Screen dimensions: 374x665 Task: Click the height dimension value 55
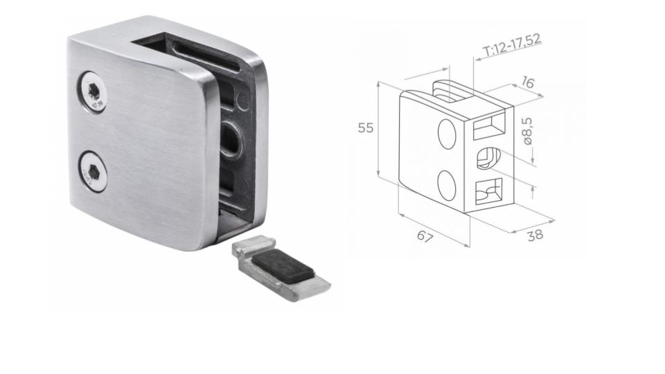click(x=365, y=128)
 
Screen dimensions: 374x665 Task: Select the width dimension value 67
click(x=425, y=237)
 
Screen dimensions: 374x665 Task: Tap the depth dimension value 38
click(x=534, y=235)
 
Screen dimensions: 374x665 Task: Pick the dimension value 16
click(x=527, y=83)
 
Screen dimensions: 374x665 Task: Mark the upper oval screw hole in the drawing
click(x=447, y=132)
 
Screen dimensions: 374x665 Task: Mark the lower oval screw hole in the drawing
click(x=447, y=185)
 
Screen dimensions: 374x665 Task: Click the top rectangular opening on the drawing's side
click(x=489, y=128)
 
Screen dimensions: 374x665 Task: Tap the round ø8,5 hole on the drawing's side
click(x=487, y=159)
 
